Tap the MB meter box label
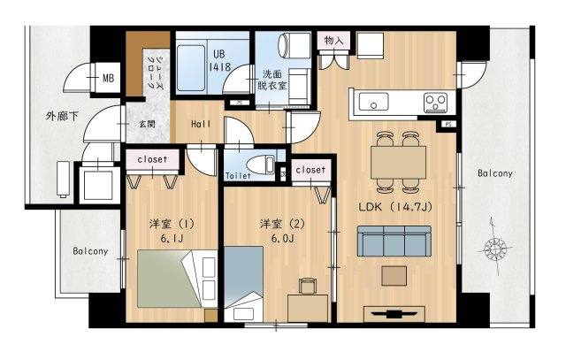(x=108, y=79)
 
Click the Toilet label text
(x=239, y=176)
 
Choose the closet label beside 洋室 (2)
(x=310, y=169)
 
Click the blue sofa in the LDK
(x=393, y=240)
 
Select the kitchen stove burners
(x=435, y=101)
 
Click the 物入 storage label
(x=334, y=41)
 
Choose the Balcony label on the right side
(x=494, y=173)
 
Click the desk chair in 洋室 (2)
(x=308, y=285)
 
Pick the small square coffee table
(x=394, y=276)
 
